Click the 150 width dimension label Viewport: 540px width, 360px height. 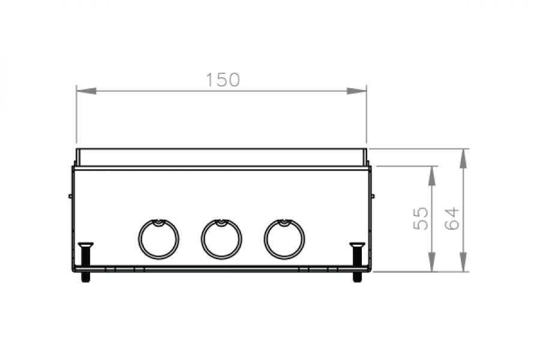223,80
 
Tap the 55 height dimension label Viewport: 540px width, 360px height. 421,218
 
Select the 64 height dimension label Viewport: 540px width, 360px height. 452,218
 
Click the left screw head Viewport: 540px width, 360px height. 85,245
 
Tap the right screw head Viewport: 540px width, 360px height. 357,245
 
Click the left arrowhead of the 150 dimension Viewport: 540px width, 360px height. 86,91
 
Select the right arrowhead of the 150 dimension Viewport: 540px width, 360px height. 356,91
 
